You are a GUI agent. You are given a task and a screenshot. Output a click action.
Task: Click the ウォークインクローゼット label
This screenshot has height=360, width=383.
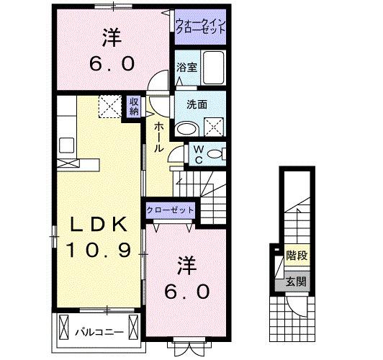pos(200,26)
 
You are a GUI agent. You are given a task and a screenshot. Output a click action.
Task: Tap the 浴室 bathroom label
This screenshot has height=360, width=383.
pos(187,68)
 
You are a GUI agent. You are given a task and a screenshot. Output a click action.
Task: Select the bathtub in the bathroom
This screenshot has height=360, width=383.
pos(214,68)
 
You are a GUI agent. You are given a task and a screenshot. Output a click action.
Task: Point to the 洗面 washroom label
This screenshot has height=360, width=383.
pos(197,104)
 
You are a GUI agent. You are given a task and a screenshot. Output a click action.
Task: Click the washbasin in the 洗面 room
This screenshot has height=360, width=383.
pos(188,129)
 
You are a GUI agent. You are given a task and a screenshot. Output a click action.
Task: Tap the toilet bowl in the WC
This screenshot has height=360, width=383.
pos(215,154)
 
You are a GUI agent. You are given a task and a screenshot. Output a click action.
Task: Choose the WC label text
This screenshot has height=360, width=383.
pos(199,154)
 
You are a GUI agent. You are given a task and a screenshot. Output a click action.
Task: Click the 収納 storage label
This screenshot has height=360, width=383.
pos(134,107)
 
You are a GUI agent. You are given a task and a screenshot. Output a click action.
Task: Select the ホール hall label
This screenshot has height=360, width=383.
pos(159,138)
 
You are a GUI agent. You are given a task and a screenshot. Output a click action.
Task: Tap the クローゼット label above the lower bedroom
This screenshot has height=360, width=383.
pos(170,210)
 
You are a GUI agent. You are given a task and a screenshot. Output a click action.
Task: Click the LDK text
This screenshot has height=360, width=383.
pos(99,224)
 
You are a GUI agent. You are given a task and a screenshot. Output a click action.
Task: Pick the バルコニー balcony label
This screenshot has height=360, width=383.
pos(99,332)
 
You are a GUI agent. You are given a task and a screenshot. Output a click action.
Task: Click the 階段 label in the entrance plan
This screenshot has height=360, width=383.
pos(297,256)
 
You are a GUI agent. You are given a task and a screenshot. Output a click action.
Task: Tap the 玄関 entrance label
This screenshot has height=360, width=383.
pos(296,282)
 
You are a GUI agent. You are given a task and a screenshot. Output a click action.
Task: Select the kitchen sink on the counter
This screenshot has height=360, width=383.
pos(67,145)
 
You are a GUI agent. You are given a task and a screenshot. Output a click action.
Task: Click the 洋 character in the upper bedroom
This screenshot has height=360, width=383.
pos(112,38)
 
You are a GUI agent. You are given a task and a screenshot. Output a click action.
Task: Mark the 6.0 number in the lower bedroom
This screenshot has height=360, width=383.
pos(187,292)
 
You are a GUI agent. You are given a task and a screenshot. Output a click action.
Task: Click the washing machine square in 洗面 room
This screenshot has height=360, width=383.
pos(214,127)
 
